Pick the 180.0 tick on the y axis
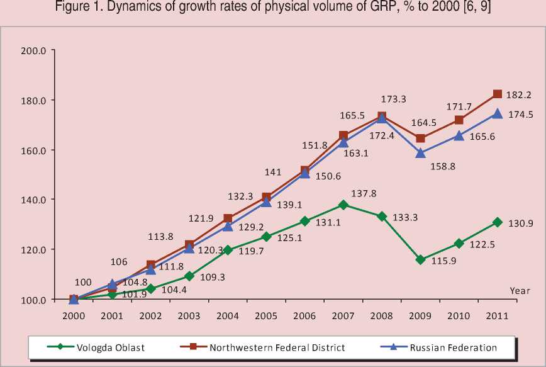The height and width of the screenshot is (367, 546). coord(33,100)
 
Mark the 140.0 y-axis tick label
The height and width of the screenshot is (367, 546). coord(33,200)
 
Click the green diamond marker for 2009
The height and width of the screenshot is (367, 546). coord(420,259)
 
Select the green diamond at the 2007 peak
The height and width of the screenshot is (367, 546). coord(343,205)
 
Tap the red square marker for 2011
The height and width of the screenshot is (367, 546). coord(497,94)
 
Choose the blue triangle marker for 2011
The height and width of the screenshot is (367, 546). coord(497,113)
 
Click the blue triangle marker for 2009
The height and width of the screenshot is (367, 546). coord(420,152)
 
